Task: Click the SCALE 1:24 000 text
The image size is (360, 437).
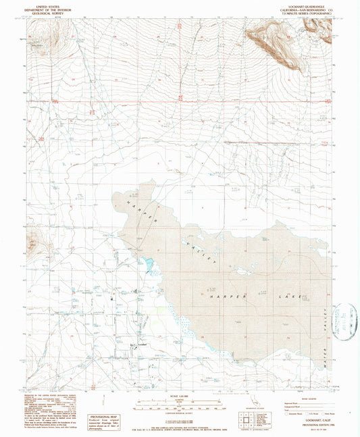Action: [180, 398]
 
